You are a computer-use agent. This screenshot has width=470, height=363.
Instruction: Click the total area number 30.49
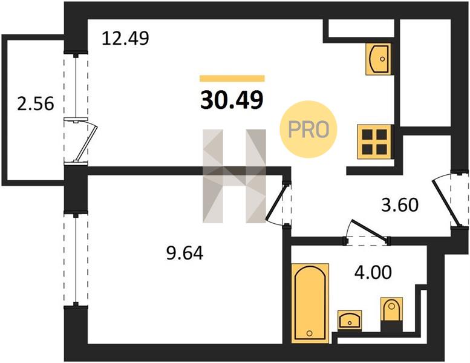[x=232, y=100]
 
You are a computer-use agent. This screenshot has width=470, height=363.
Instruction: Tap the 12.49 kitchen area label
[x=125, y=38]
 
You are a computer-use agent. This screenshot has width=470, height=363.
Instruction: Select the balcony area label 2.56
[x=35, y=103]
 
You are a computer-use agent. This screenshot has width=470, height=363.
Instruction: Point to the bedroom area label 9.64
[x=184, y=253]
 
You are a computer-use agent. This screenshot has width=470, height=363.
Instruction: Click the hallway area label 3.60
[x=400, y=205]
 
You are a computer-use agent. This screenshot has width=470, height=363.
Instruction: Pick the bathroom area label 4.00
[x=373, y=272]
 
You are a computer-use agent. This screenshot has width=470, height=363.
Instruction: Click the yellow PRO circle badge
[x=308, y=129]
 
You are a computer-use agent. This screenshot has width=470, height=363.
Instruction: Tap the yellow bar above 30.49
[x=232, y=79]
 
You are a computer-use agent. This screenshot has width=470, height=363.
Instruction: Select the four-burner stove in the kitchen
[x=374, y=142]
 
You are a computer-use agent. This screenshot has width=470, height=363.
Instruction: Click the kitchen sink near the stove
[x=378, y=59]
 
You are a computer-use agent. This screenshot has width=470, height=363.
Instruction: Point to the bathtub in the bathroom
[x=310, y=303]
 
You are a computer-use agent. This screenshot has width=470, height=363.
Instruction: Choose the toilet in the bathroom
[x=391, y=312]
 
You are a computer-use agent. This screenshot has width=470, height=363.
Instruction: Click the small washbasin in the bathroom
[x=350, y=320]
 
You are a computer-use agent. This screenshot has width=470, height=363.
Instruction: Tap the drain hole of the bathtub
[x=309, y=333]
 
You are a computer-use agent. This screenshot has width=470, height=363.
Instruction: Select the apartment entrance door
[x=446, y=203]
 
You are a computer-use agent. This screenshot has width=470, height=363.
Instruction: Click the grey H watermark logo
[x=235, y=176]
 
